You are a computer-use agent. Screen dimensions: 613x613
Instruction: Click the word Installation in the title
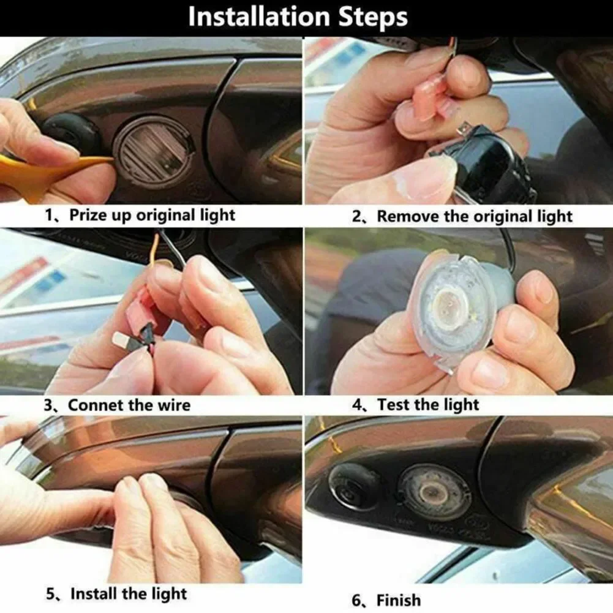[256, 17]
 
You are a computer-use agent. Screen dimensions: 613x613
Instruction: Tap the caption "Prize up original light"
[152, 216]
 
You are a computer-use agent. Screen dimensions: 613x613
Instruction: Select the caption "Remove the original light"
[475, 216]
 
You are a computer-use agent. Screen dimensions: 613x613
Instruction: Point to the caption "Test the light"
[428, 405]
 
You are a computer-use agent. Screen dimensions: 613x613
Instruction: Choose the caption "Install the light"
[129, 594]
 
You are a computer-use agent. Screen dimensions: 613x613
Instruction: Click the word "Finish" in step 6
[399, 600]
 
